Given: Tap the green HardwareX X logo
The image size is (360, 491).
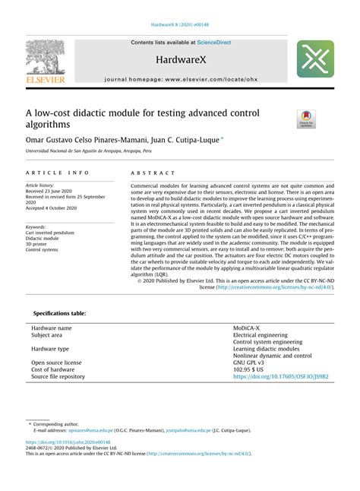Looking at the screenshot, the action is click(x=314, y=60).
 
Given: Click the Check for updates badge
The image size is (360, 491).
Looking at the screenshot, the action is click(x=306, y=118).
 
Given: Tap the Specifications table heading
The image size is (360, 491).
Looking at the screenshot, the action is click(x=60, y=312).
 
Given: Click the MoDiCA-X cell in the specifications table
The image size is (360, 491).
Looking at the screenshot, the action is click(x=249, y=328).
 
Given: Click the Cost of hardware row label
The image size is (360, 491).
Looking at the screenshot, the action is click(x=55, y=369).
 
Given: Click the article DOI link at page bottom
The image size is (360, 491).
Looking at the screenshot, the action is click(x=68, y=442).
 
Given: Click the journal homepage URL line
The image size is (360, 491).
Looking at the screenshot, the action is click(x=180, y=79).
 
